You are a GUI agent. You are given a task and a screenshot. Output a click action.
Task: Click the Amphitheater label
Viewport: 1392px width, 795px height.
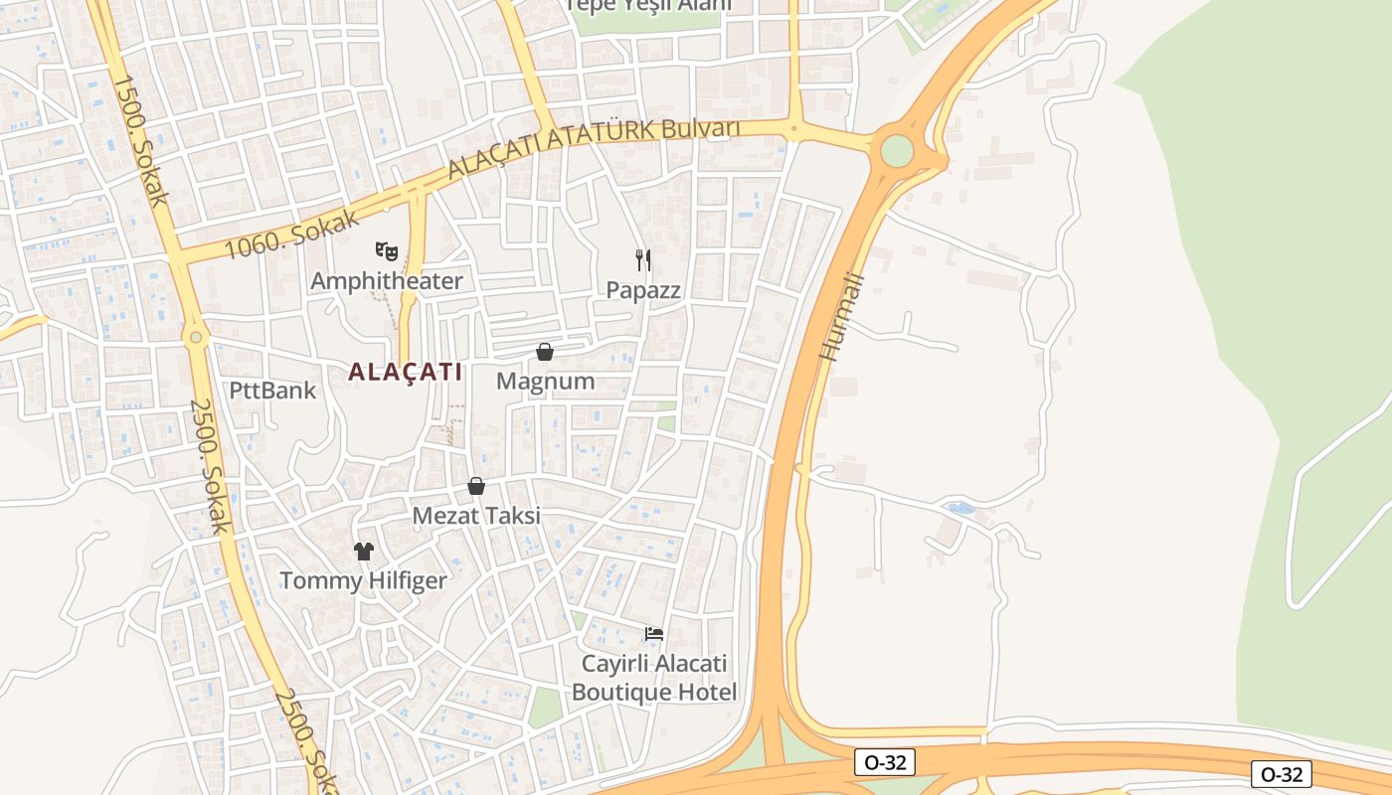(387, 281)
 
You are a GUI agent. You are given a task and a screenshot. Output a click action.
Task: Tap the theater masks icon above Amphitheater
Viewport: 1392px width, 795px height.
(387, 251)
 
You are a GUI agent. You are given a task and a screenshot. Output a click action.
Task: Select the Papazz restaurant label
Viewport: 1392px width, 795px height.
(644, 290)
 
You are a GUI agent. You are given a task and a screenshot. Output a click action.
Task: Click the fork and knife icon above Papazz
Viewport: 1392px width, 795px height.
(643, 260)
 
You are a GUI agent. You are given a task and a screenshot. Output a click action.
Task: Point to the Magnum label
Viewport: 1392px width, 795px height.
(545, 382)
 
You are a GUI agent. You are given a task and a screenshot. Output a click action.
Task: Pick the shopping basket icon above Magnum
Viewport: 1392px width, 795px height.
(545, 352)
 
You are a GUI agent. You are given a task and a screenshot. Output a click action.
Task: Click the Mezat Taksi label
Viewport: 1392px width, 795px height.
(476, 516)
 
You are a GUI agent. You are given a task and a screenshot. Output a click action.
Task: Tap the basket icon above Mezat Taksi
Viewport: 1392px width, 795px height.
(476, 486)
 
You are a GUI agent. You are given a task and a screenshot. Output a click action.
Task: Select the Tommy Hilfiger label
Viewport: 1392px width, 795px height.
(363, 580)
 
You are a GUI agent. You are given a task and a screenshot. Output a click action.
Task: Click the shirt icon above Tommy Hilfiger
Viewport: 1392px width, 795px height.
(363, 551)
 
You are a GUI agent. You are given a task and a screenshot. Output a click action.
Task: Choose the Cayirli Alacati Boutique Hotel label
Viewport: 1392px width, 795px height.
(654, 678)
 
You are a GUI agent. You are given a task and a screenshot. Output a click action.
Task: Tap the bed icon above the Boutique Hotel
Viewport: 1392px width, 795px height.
(653, 633)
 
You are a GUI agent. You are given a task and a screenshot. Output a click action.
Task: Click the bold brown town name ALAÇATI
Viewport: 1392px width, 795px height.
(406, 373)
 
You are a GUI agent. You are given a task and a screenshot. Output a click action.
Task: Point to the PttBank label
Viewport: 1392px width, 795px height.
(272, 391)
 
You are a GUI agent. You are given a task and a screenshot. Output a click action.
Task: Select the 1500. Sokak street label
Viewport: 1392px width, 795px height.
(139, 140)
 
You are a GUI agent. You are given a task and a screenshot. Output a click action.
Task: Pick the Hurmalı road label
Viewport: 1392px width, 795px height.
(842, 316)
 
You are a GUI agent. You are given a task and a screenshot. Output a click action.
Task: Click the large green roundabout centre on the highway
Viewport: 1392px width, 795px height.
(897, 151)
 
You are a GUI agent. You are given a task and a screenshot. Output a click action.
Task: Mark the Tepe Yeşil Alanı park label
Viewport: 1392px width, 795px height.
(647, 5)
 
